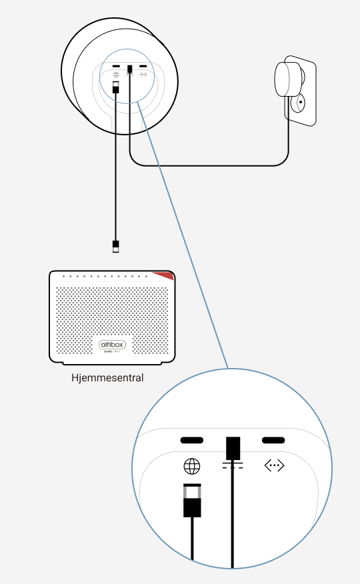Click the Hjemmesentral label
[x=107, y=378]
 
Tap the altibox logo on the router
[x=112, y=344]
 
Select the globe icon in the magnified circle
[x=191, y=466]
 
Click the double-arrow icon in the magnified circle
[x=274, y=466]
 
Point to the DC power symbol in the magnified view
[x=233, y=466]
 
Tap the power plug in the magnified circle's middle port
[x=233, y=447]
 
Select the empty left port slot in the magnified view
[x=192, y=441]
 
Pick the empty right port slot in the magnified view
[x=273, y=441]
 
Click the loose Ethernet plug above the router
[x=116, y=246]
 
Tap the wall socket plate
[x=303, y=93]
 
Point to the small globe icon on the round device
[x=117, y=75]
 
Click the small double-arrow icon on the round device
[x=143, y=75]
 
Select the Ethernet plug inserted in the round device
[x=116, y=87]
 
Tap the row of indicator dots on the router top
[x=107, y=276]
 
